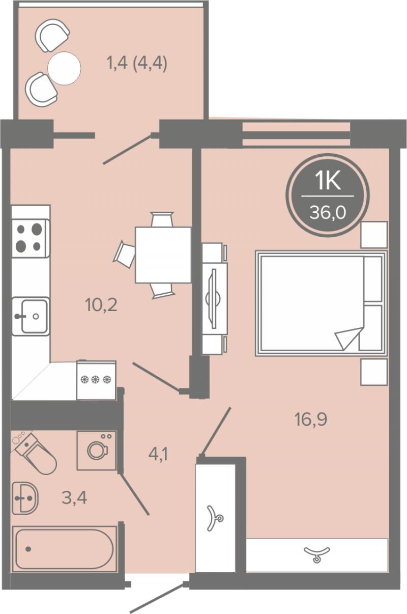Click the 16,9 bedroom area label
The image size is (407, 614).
click(x=311, y=420)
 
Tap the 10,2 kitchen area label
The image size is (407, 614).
click(x=101, y=305)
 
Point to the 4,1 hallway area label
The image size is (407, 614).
click(x=158, y=455)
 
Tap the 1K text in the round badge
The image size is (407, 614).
click(x=328, y=181)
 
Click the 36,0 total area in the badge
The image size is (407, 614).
click(x=328, y=212)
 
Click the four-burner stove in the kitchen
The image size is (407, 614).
click(x=31, y=238)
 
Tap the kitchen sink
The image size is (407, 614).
click(x=31, y=316)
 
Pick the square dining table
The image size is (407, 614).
click(x=163, y=255)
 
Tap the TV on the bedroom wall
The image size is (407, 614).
click(x=215, y=298)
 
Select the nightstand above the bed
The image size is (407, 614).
click(x=374, y=235)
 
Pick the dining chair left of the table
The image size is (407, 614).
click(x=125, y=254)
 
